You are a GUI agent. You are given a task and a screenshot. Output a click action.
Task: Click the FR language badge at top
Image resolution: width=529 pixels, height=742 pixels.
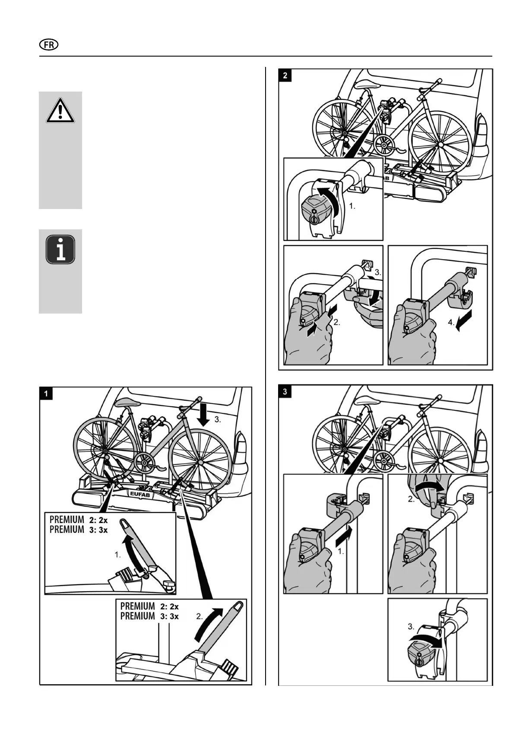click(49, 45)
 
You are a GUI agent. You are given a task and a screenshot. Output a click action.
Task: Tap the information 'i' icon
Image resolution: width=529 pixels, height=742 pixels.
click(60, 250)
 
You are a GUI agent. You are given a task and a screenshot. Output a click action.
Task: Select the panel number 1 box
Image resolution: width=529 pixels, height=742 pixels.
click(46, 393)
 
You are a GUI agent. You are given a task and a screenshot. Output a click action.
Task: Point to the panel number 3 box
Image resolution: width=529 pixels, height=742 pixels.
click(285, 392)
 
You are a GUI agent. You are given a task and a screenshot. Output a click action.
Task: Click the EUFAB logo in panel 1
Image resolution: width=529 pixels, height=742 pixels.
click(139, 493)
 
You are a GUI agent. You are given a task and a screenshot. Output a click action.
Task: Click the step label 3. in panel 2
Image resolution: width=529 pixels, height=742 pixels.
click(378, 273)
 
